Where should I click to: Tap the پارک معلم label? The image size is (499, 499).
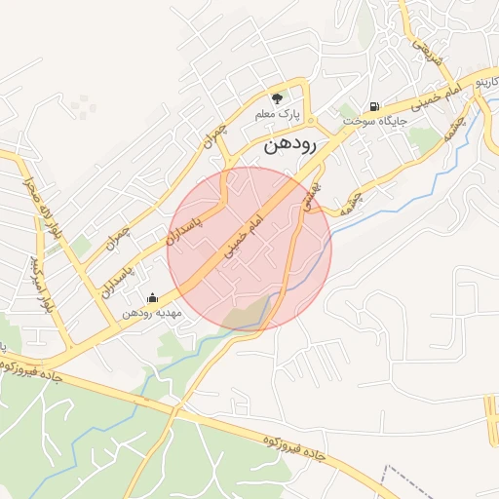pyautogui.click(x=275, y=114)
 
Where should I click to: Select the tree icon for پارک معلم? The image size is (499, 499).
pyautogui.click(x=277, y=98)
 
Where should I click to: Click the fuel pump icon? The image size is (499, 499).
pyautogui.click(x=373, y=106)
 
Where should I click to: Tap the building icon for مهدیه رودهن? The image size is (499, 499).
pyautogui.click(x=151, y=297)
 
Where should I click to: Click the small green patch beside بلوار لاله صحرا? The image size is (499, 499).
pyautogui.click(x=81, y=245)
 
